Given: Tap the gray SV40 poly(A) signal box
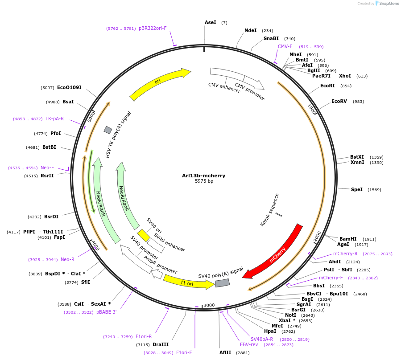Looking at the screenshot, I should (x=222, y=282).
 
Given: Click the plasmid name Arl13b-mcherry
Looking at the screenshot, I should (x=203, y=176).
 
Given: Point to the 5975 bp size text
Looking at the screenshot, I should (x=204, y=181).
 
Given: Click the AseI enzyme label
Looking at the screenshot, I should (x=210, y=22).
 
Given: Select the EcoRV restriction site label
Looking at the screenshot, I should (x=339, y=101).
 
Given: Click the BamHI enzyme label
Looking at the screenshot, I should (x=348, y=239).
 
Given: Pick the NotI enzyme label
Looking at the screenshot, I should (x=290, y=315).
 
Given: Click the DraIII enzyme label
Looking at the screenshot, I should (x=161, y=344).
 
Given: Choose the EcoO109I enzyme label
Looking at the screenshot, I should (x=69, y=87).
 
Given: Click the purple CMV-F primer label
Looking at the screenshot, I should (x=285, y=46).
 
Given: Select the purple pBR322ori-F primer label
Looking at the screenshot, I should (x=153, y=28).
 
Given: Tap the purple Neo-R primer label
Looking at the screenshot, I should (x=67, y=259).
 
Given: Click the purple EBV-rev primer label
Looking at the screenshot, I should (x=249, y=344).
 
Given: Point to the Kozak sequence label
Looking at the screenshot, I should (x=269, y=209).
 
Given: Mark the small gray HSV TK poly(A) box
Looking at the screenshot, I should (x=107, y=130).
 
